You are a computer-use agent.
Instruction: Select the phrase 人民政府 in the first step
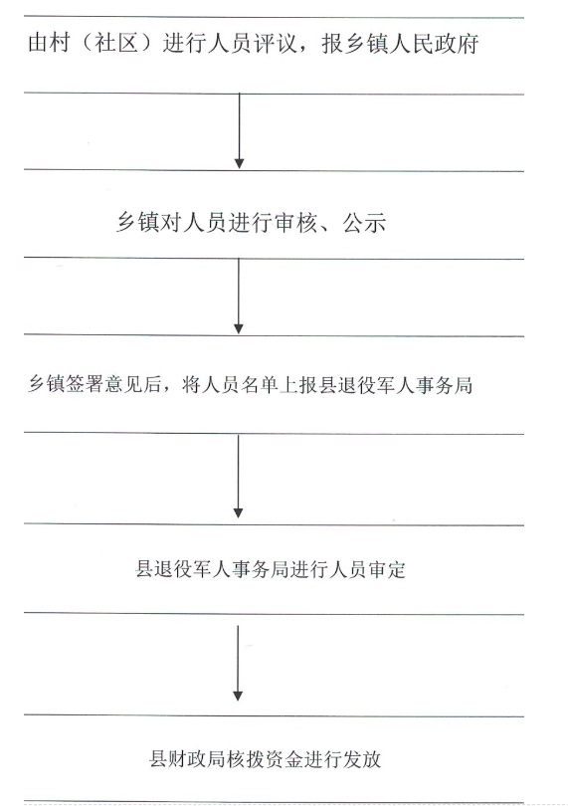pyautogui.click(x=435, y=43)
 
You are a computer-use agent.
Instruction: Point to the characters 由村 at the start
pyautogui.click(x=49, y=43)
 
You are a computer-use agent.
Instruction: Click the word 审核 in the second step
pyautogui.click(x=295, y=223)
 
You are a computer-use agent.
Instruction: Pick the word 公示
pyautogui.click(x=364, y=223)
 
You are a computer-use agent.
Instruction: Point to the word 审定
pyautogui.click(x=387, y=569)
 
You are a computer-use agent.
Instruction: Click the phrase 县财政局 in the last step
pyautogui.click(x=187, y=758)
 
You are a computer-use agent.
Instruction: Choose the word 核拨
pyautogui.click(x=245, y=758)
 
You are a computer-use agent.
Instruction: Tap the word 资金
pyautogui.click(x=284, y=758)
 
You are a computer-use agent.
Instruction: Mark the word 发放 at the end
pyautogui.click(x=362, y=758)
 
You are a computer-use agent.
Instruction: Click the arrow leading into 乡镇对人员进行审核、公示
pyautogui.click(x=239, y=131)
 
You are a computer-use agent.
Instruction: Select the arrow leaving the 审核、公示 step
pyautogui.click(x=239, y=297)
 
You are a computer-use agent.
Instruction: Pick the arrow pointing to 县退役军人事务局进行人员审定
pyautogui.click(x=238, y=477)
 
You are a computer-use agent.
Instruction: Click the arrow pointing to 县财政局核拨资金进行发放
pyautogui.click(x=238, y=663)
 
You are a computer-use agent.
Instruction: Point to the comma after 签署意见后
pyautogui.click(x=168, y=391)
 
